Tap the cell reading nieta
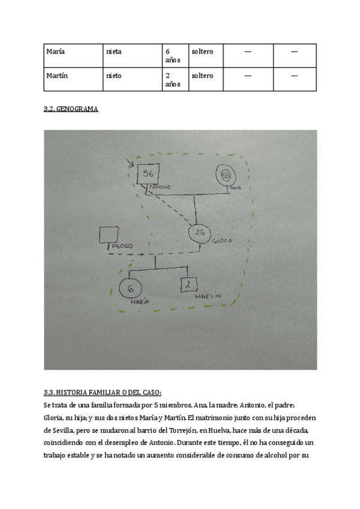coord(131,55)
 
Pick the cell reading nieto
coord(131,79)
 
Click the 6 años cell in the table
coord(174,55)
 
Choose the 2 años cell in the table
coord(174,79)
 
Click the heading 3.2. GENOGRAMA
coord(71,109)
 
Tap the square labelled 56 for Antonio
coord(148,174)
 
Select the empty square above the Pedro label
coord(109,235)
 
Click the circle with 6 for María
coord(130,289)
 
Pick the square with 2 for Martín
coord(189,285)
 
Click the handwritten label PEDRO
coord(121,246)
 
